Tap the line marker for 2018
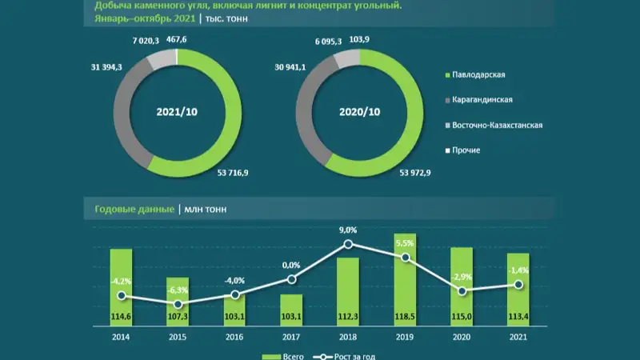click(x=349, y=244)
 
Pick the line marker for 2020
click(x=463, y=291)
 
